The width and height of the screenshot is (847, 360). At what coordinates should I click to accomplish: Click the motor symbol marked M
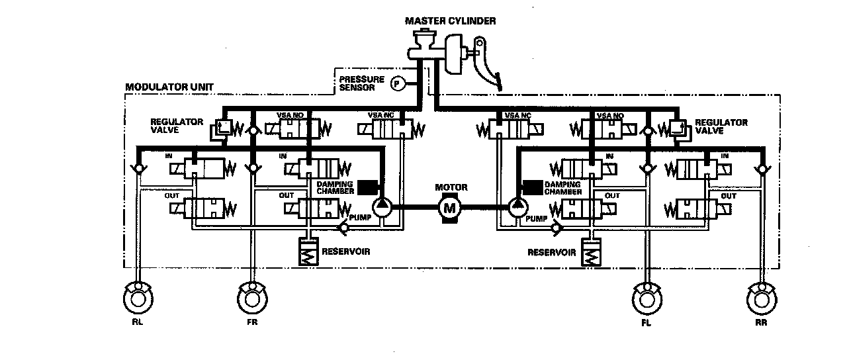[450, 208]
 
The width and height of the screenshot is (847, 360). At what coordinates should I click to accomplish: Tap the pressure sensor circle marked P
[398, 83]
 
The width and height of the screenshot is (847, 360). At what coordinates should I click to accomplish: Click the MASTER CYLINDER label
[450, 21]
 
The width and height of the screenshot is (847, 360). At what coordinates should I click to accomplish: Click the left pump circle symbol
[382, 206]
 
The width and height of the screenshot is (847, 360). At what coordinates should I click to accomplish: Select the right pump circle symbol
[517, 206]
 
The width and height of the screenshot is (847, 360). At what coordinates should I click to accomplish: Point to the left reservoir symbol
[309, 252]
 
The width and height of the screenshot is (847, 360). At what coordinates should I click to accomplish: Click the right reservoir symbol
[590, 253]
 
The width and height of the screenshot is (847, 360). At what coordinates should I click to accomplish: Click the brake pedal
[490, 73]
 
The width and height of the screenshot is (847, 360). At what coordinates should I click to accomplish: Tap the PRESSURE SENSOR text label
[361, 83]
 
